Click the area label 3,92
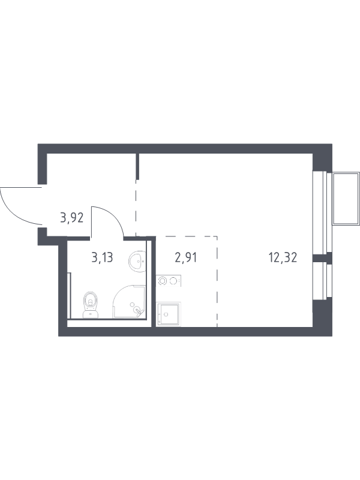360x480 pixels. click(x=72, y=218)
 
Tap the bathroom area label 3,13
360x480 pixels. click(x=102, y=258)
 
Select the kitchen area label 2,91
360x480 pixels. click(x=185, y=258)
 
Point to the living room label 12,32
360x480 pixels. click(x=283, y=258)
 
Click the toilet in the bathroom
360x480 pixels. click(x=91, y=305)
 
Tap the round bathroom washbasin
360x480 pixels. click(x=137, y=262)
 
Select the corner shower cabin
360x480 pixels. click(x=129, y=302)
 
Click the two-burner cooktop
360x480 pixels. click(x=169, y=281)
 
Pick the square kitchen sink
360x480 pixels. click(x=169, y=314)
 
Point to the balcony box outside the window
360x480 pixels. click(x=346, y=199)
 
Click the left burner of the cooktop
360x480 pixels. click(x=162, y=281)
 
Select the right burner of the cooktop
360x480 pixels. click(x=174, y=281)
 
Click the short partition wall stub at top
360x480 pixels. click(x=137, y=166)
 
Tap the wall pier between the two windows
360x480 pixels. click(x=322, y=258)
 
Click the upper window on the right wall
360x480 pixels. click(x=322, y=212)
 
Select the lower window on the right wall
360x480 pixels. click(x=322, y=281)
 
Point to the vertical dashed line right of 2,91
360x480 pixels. click(x=217, y=281)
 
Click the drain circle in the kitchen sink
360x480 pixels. click(x=166, y=314)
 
